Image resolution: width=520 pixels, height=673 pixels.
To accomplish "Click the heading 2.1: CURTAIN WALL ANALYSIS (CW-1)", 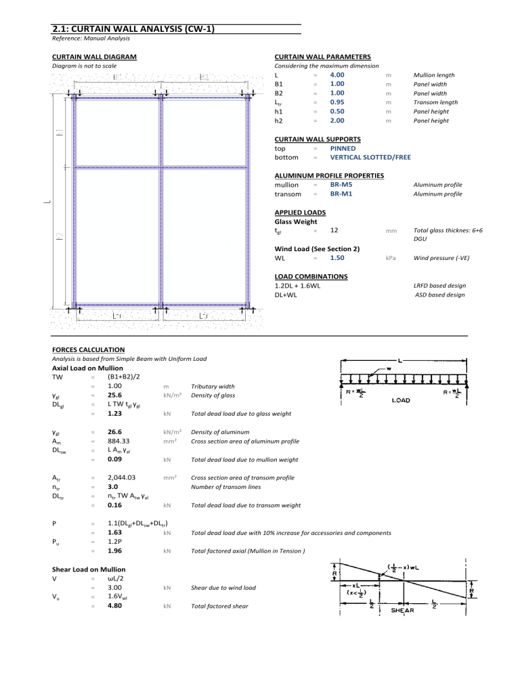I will coord(133,29).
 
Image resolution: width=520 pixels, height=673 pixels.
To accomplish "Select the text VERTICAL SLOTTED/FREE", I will coord(370,157).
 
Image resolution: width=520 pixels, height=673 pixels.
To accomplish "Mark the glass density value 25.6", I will coord(114,395).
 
